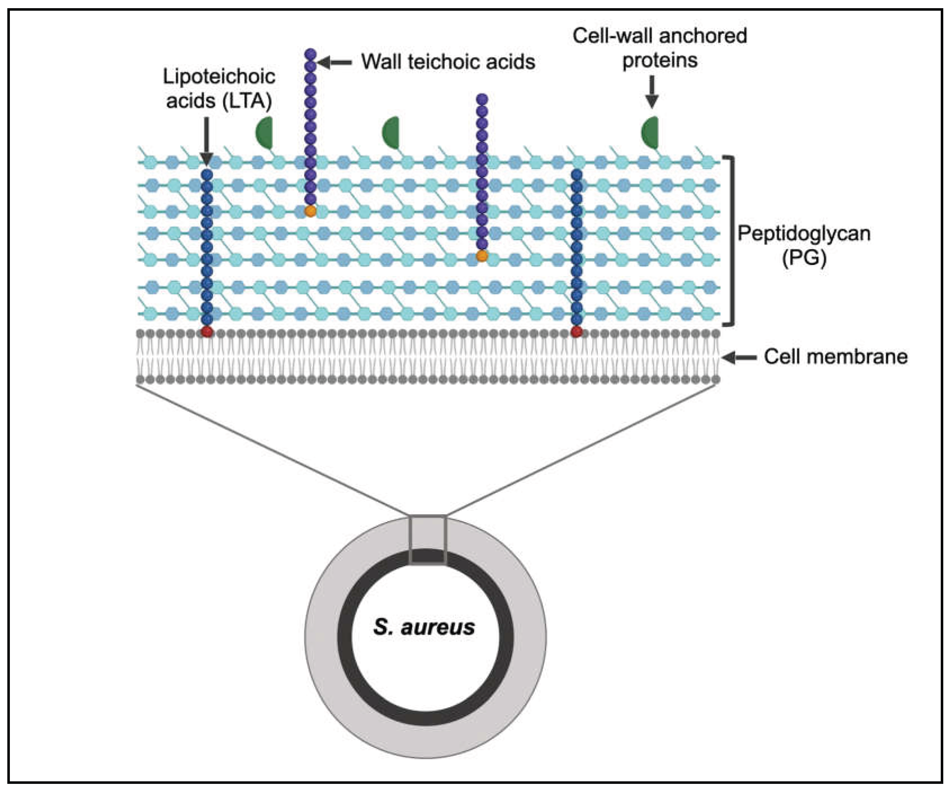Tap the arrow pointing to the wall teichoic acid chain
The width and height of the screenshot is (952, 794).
[x=335, y=63]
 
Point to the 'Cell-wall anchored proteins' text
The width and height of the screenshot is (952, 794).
[x=660, y=48]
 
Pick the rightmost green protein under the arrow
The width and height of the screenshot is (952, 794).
[x=650, y=132]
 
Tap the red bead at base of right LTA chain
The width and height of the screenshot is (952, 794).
[x=577, y=332]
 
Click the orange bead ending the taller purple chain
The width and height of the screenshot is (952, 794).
[x=310, y=211]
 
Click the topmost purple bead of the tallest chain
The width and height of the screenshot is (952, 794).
[x=310, y=54]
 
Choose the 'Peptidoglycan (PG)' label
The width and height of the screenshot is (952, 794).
[x=804, y=245]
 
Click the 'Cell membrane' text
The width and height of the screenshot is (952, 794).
[x=835, y=357]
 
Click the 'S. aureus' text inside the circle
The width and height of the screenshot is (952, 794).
[x=424, y=627]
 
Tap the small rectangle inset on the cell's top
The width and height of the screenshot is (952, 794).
[x=428, y=540]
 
